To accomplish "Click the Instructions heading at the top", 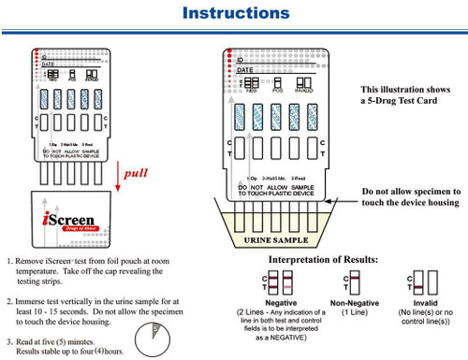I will (235, 13).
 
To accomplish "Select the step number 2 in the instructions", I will (9, 302).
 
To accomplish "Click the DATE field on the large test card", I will (245, 69).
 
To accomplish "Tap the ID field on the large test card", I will (241, 57).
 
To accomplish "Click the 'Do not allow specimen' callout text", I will (411, 195).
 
